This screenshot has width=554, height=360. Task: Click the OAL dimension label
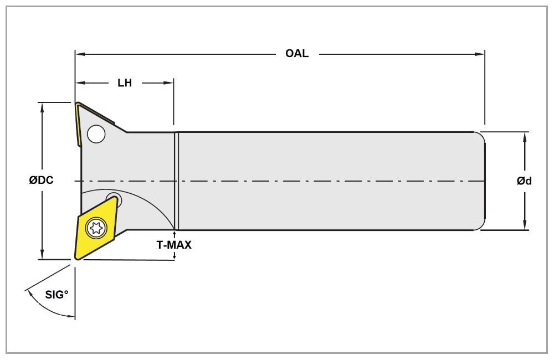click(297, 54)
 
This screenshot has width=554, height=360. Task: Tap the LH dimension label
click(125, 83)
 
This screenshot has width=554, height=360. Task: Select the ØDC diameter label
click(42, 181)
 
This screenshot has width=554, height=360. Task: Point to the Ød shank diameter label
click(524, 181)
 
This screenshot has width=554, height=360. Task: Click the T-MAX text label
click(174, 245)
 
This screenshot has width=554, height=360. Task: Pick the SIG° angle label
click(57, 295)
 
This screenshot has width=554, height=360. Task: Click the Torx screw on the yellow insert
click(96, 227)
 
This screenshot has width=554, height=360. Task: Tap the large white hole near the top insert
click(96, 134)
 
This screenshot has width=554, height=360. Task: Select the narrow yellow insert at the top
click(79, 125)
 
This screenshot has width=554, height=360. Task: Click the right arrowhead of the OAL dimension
click(480, 54)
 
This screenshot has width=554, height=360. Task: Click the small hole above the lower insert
click(114, 198)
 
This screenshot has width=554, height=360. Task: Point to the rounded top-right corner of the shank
click(480, 136)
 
